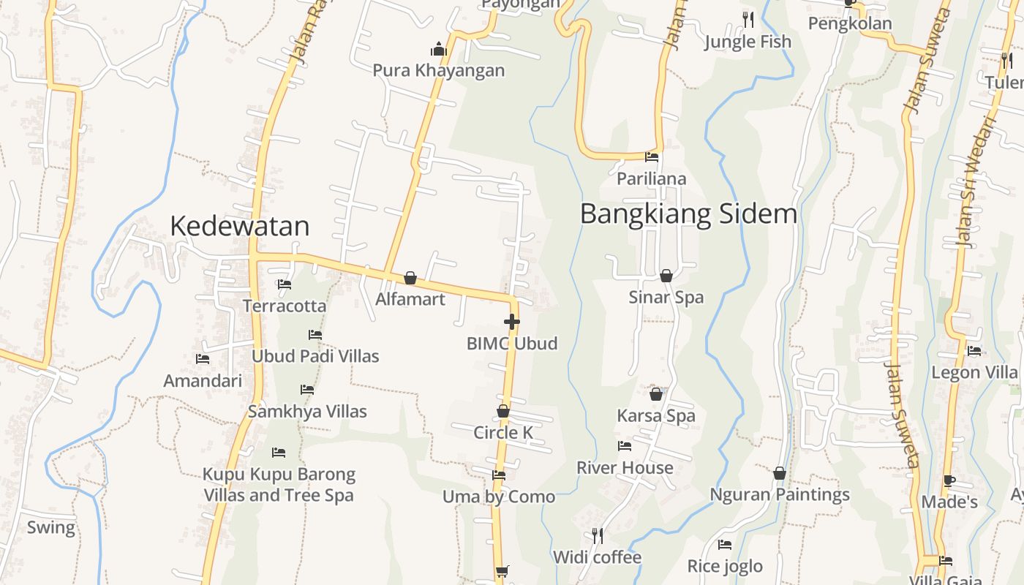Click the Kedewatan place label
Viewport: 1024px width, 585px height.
coord(239,227)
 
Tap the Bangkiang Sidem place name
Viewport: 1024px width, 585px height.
coord(688,214)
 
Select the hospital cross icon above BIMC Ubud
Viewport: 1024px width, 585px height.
coord(511,322)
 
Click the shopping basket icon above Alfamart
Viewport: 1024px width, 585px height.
coord(410,278)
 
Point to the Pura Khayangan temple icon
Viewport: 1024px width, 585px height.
coord(439,49)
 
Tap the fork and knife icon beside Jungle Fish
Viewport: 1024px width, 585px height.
coord(748,19)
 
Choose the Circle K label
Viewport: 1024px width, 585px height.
coord(503,432)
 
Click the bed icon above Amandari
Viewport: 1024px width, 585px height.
coord(203,359)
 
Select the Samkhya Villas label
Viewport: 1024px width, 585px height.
coord(307,412)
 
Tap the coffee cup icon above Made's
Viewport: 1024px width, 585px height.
coord(949,481)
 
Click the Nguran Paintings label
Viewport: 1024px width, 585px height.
coord(780,495)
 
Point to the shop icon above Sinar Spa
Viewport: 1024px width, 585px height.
coord(666,276)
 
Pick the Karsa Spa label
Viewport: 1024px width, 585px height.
coord(656,416)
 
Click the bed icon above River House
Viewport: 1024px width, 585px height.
coord(625,446)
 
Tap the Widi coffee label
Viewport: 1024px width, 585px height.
coord(597,557)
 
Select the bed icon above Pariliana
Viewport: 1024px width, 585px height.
coord(652,157)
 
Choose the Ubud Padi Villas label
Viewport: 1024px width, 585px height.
coord(315,356)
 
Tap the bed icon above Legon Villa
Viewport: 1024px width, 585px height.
coord(974,351)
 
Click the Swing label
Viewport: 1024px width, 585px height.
coord(51,527)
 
